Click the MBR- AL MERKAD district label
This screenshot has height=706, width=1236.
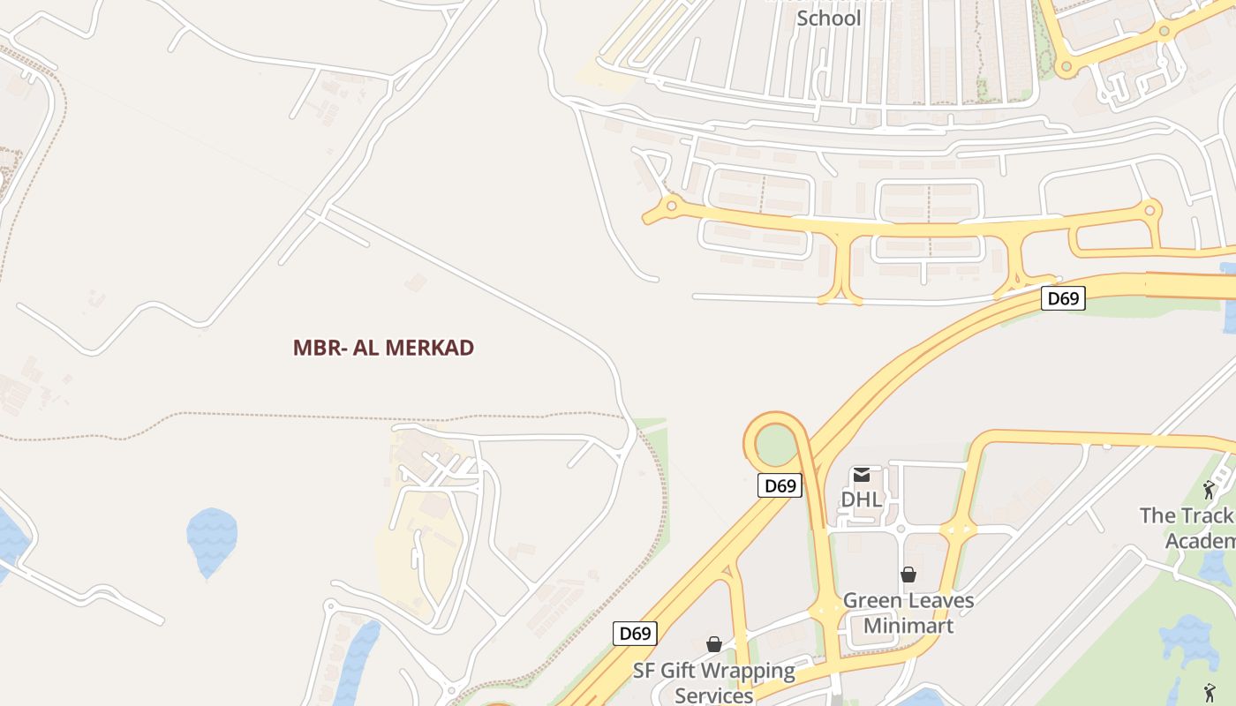(x=383, y=348)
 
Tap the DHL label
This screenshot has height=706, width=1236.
(x=861, y=499)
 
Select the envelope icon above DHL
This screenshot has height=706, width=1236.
(x=861, y=475)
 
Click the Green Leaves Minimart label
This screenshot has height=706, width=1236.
(x=908, y=612)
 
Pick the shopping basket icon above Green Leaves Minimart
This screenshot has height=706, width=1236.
(x=908, y=575)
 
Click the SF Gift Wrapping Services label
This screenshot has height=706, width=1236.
(x=713, y=682)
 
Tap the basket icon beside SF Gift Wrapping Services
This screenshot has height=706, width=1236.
(x=713, y=645)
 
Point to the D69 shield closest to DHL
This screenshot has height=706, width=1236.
(x=780, y=485)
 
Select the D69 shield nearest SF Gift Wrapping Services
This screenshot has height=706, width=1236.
(x=635, y=633)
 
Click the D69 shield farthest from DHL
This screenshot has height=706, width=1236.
(x=1063, y=298)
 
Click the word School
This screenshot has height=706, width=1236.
(x=828, y=18)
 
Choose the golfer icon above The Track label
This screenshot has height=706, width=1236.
(x=1209, y=489)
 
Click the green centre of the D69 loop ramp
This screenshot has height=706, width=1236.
(x=775, y=444)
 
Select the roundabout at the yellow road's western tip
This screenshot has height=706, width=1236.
(x=671, y=207)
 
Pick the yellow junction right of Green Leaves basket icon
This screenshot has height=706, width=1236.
(x=958, y=530)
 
